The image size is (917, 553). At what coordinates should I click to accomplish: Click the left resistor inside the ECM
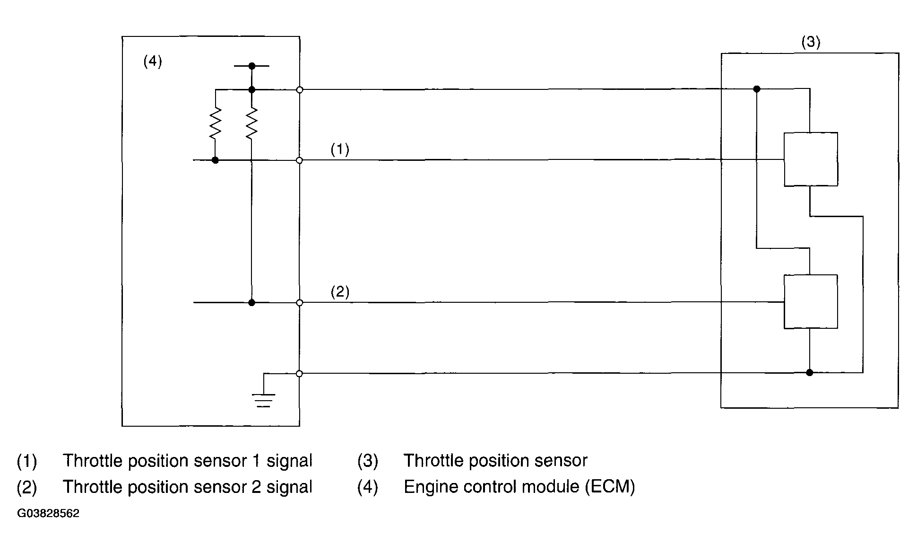(215, 123)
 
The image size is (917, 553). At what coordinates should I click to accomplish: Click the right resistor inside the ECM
(251, 123)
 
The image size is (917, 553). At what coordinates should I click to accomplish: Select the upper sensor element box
(811, 159)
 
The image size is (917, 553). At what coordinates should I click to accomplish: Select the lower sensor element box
(811, 301)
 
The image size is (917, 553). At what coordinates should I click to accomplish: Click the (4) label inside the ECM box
(153, 61)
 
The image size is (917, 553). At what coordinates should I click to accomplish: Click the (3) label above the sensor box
(811, 42)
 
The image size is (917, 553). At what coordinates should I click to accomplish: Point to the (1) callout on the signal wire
(340, 149)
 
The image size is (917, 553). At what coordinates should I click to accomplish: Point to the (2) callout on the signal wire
(340, 291)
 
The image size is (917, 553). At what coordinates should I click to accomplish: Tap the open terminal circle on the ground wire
(299, 374)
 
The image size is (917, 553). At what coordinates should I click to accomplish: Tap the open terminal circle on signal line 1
(299, 160)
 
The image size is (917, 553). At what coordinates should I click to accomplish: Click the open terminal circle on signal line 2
(299, 302)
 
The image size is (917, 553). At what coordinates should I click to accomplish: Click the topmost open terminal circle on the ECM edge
(299, 89)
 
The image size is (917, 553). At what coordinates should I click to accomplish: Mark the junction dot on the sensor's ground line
(810, 373)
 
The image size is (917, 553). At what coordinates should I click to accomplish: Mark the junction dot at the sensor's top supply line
(756, 89)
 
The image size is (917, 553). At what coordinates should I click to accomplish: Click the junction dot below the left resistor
(215, 160)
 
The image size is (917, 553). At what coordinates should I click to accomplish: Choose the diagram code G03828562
(48, 514)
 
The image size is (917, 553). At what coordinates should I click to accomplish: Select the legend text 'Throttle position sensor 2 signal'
(188, 487)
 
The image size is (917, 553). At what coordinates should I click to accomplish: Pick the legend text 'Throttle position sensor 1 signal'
(188, 461)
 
